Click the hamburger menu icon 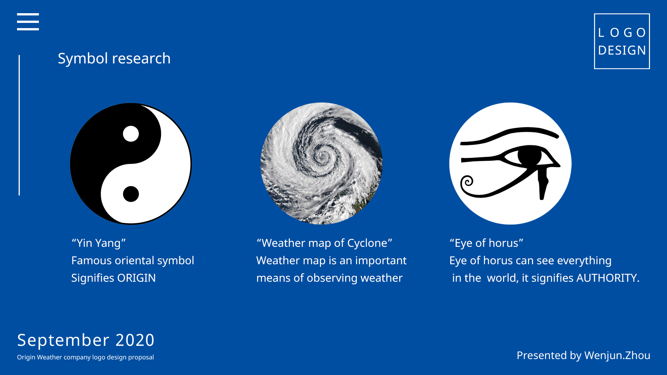(28, 22)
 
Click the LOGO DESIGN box (622, 41)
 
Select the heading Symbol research (114, 58)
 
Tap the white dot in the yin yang (131, 134)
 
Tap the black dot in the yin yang (131, 194)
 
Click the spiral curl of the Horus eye (467, 182)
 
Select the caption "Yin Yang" (98, 243)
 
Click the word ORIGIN (137, 278)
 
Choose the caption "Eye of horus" (486, 243)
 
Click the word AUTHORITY (608, 278)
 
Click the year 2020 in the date (135, 340)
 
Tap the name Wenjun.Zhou (617, 356)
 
